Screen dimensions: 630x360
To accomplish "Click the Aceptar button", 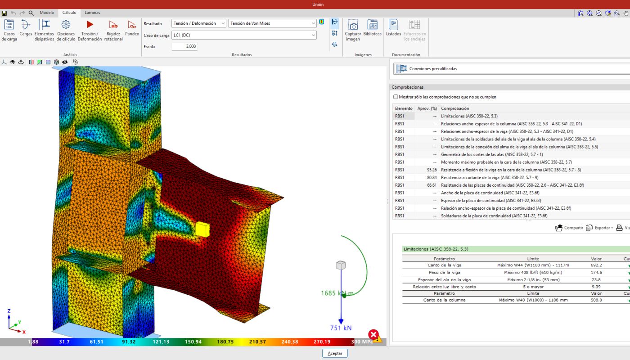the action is [x=335, y=353].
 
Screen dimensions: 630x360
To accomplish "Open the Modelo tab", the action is [x=47, y=13].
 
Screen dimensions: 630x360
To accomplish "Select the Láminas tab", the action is [x=92, y=13].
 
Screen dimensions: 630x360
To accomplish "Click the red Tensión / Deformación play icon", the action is [x=90, y=24].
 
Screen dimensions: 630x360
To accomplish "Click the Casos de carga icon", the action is [x=9, y=25].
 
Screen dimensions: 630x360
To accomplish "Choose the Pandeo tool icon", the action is [x=132, y=25].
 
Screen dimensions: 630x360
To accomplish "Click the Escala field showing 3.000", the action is [x=184, y=46].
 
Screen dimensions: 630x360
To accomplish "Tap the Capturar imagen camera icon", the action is [x=353, y=25].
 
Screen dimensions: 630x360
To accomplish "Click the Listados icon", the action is [x=393, y=24].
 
